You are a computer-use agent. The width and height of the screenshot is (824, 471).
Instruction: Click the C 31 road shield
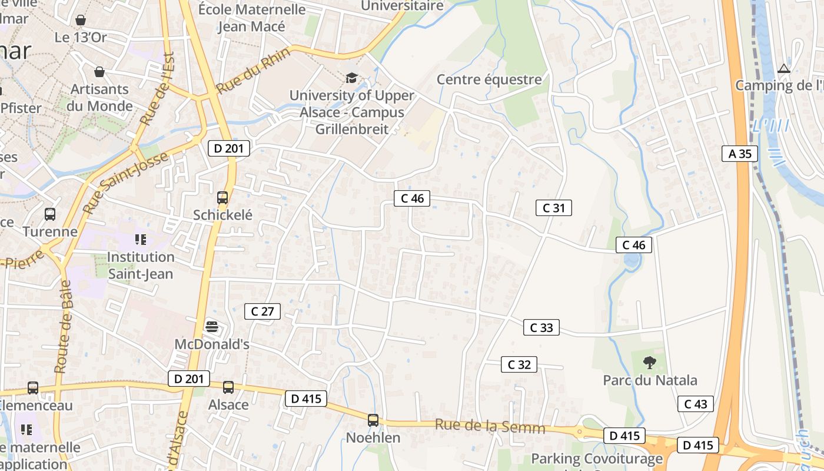(554, 208)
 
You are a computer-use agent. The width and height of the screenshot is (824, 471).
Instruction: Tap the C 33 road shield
(541, 328)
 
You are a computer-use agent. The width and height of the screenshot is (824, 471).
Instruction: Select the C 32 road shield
(519, 364)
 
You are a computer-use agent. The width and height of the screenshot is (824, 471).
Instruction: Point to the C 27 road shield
(263, 311)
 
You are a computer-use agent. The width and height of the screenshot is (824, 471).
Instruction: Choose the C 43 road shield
(696, 404)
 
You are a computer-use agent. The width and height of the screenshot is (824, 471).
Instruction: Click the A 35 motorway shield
(740, 154)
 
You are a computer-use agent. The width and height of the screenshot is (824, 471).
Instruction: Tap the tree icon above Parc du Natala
(649, 363)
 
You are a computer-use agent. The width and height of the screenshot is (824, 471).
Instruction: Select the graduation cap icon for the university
(351, 78)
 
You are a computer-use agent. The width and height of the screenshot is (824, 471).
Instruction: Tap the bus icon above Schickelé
(222, 198)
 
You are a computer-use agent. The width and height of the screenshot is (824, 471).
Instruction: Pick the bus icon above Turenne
(50, 214)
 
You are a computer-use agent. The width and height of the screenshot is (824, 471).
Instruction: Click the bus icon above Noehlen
(373, 420)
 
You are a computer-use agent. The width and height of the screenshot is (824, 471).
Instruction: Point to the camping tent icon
(783, 69)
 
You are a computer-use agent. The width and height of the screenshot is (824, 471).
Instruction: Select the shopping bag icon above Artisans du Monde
(99, 72)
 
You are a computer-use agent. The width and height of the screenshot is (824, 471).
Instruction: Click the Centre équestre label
(489, 79)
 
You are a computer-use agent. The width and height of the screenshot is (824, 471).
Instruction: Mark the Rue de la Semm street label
(490, 426)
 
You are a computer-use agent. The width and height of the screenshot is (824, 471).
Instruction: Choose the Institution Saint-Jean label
(141, 266)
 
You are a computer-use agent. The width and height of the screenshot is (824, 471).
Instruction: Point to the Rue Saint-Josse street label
(125, 183)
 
